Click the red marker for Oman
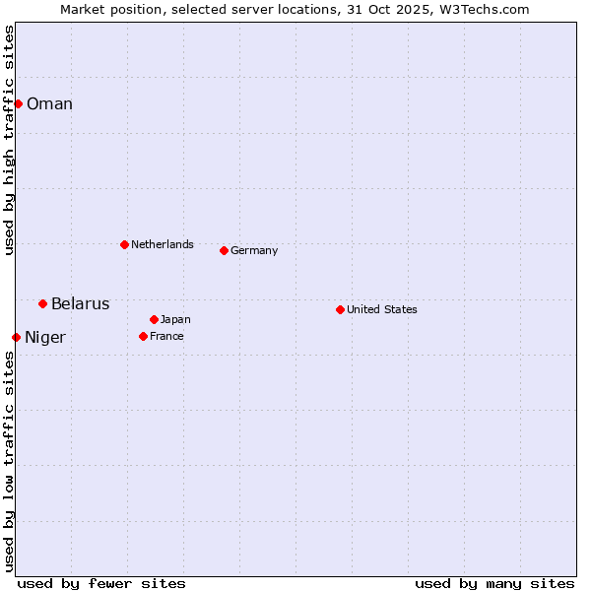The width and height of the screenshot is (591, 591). pyautogui.click(x=18, y=103)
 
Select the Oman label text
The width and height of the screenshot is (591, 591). pyautogui.click(x=49, y=104)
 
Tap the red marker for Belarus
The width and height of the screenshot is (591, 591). pyautogui.click(x=42, y=303)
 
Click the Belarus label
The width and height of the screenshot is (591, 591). pyautogui.click(x=80, y=304)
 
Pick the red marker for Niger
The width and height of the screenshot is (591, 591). pyautogui.click(x=16, y=337)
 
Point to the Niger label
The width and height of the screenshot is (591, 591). pyautogui.click(x=45, y=338)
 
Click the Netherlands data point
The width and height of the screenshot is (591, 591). pyautogui.click(x=124, y=244)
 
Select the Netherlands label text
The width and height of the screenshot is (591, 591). pyautogui.click(x=162, y=244)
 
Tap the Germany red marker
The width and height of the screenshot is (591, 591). pyautogui.click(x=224, y=250)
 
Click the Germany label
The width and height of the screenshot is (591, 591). pyautogui.click(x=254, y=250)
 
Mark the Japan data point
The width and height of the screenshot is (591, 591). pyautogui.click(x=154, y=319)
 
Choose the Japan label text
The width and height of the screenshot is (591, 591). pyautogui.click(x=175, y=319)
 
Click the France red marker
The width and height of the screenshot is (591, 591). pyautogui.click(x=143, y=336)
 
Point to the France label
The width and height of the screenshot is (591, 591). pyautogui.click(x=166, y=336)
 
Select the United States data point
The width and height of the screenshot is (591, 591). pyautogui.click(x=340, y=309)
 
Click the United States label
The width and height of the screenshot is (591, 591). pyautogui.click(x=382, y=309)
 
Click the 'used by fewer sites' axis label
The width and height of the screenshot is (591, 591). pyautogui.click(x=101, y=583)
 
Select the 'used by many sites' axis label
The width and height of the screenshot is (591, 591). pyautogui.click(x=494, y=583)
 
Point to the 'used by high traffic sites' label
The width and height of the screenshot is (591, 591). pyautogui.click(x=9, y=140)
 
